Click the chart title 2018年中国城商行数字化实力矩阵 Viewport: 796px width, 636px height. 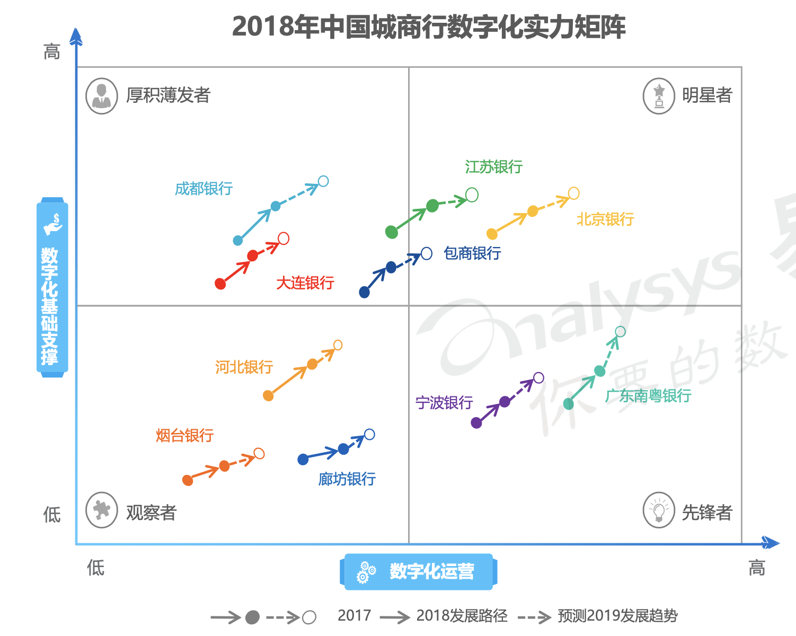tap(429, 26)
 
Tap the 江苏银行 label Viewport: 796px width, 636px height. tap(493, 167)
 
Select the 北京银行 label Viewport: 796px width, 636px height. tap(605, 219)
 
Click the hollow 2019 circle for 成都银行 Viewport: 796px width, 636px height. tap(323, 181)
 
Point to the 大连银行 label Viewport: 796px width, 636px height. tap(305, 282)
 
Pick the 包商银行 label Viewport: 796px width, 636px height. tap(472, 253)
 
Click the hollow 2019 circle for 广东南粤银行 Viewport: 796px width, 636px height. tap(620, 332)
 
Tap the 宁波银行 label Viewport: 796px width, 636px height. tap(444, 403)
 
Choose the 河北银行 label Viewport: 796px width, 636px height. tap(244, 367)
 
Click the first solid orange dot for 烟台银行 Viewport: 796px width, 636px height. tap(188, 480)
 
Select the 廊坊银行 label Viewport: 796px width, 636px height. tap(347, 479)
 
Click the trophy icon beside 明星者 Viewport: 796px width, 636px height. tap(659, 96)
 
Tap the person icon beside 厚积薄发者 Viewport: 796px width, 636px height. tap(102, 96)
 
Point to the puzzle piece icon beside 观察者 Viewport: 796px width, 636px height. tap(102, 510)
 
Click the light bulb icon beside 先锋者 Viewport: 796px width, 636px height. tap(659, 510)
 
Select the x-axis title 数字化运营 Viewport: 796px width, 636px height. tap(431, 571)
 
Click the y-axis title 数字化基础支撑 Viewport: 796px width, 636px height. tap(50, 306)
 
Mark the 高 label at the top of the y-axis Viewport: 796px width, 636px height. tap(52, 52)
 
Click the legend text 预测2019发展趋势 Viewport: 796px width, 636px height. tap(617, 616)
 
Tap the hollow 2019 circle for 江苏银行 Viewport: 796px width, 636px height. tap(472, 195)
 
